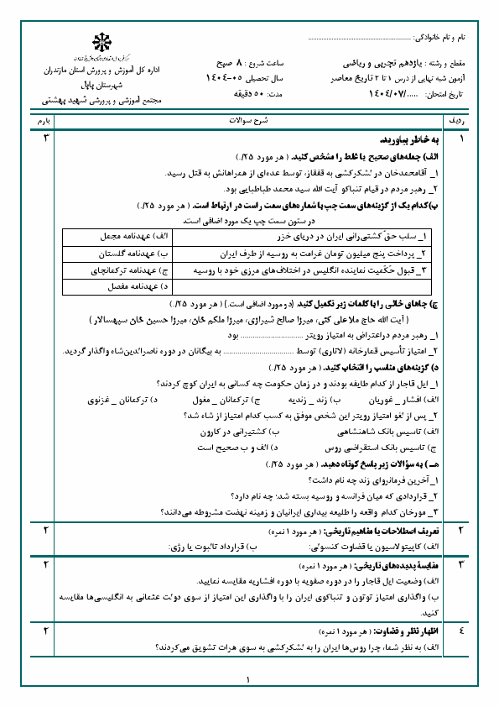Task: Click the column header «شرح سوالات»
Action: (x=248, y=122)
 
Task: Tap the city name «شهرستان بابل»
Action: (x=102, y=86)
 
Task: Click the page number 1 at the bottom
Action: (x=249, y=680)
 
